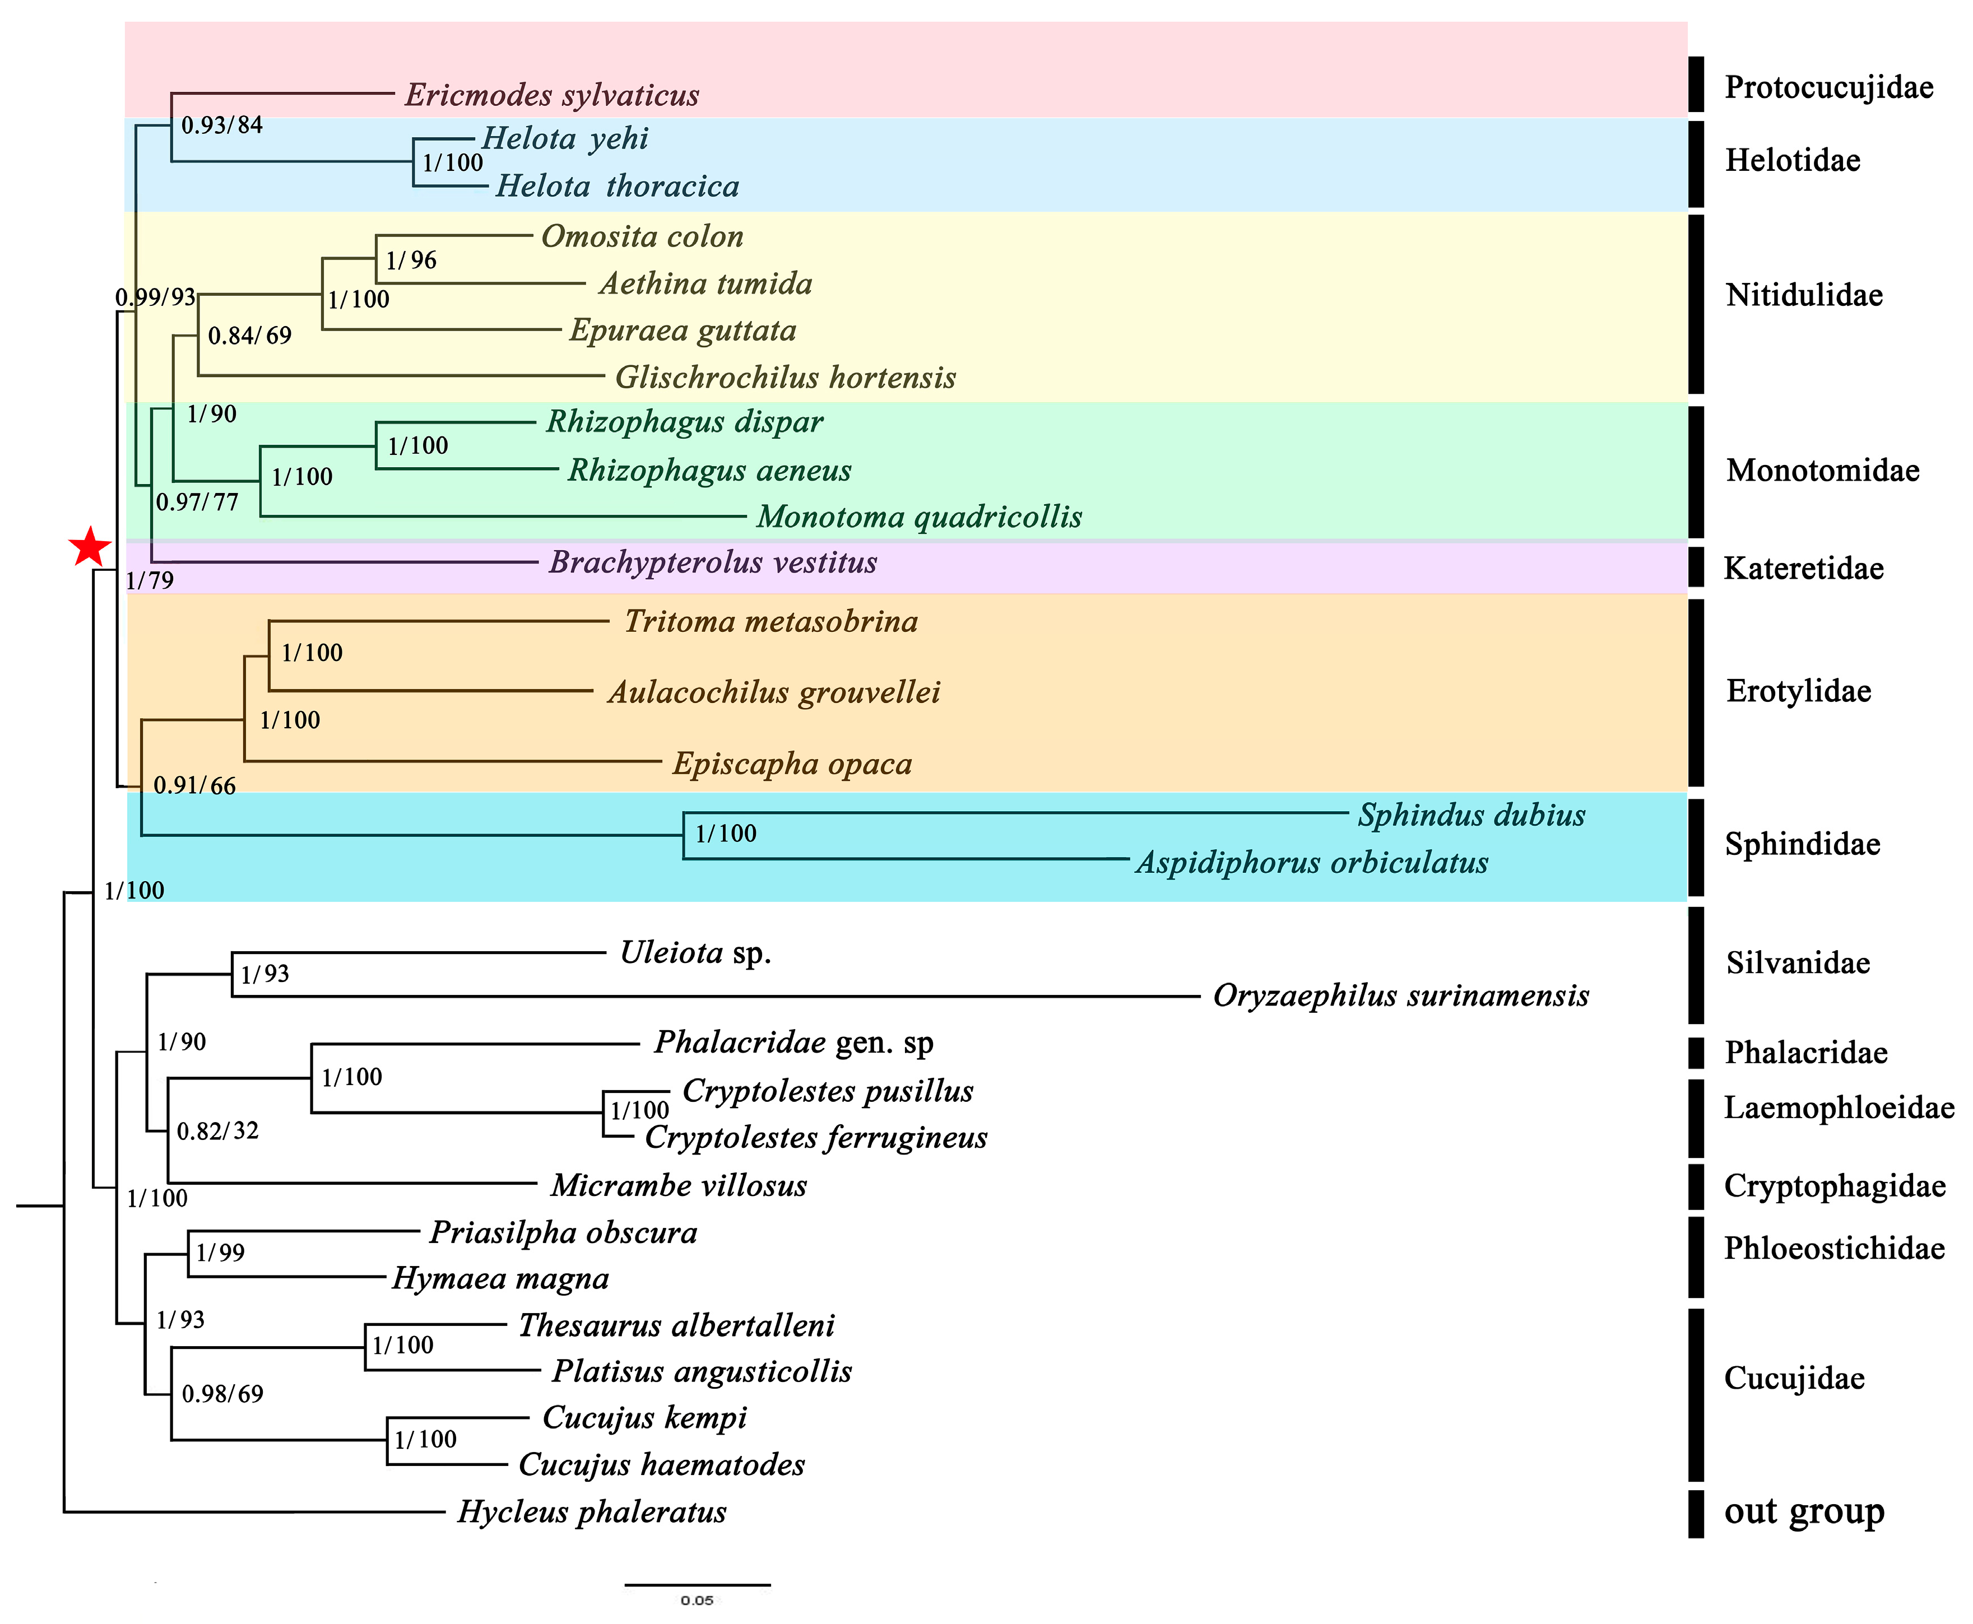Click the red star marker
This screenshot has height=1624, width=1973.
pyautogui.click(x=90, y=547)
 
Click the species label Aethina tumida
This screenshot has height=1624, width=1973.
pyautogui.click(x=705, y=283)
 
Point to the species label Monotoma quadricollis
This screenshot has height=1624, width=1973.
pyautogui.click(x=918, y=516)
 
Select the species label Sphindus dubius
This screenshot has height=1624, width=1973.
pyautogui.click(x=1470, y=815)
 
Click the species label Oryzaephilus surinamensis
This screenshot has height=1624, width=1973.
pyautogui.click(x=1400, y=995)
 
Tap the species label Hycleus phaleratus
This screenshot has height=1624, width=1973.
pyautogui.click(x=591, y=1512)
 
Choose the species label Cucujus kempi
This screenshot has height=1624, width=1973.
pyautogui.click(x=644, y=1417)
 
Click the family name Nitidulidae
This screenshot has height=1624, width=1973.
pyautogui.click(x=1804, y=296)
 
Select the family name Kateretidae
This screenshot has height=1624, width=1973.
pyautogui.click(x=1803, y=568)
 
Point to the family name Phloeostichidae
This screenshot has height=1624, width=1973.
pyautogui.click(x=1833, y=1248)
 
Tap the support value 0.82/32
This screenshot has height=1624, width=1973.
pyautogui.click(x=217, y=1131)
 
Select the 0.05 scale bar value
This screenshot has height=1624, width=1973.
pyautogui.click(x=697, y=1600)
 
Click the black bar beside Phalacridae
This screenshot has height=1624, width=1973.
pyautogui.click(x=1695, y=1053)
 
